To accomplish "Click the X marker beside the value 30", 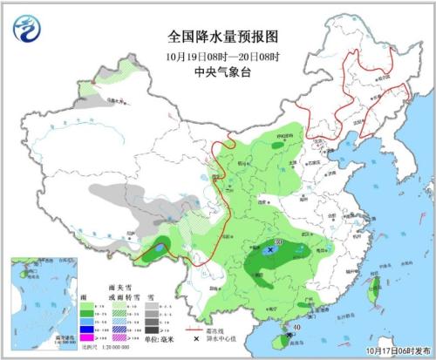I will [x=271, y=249].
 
